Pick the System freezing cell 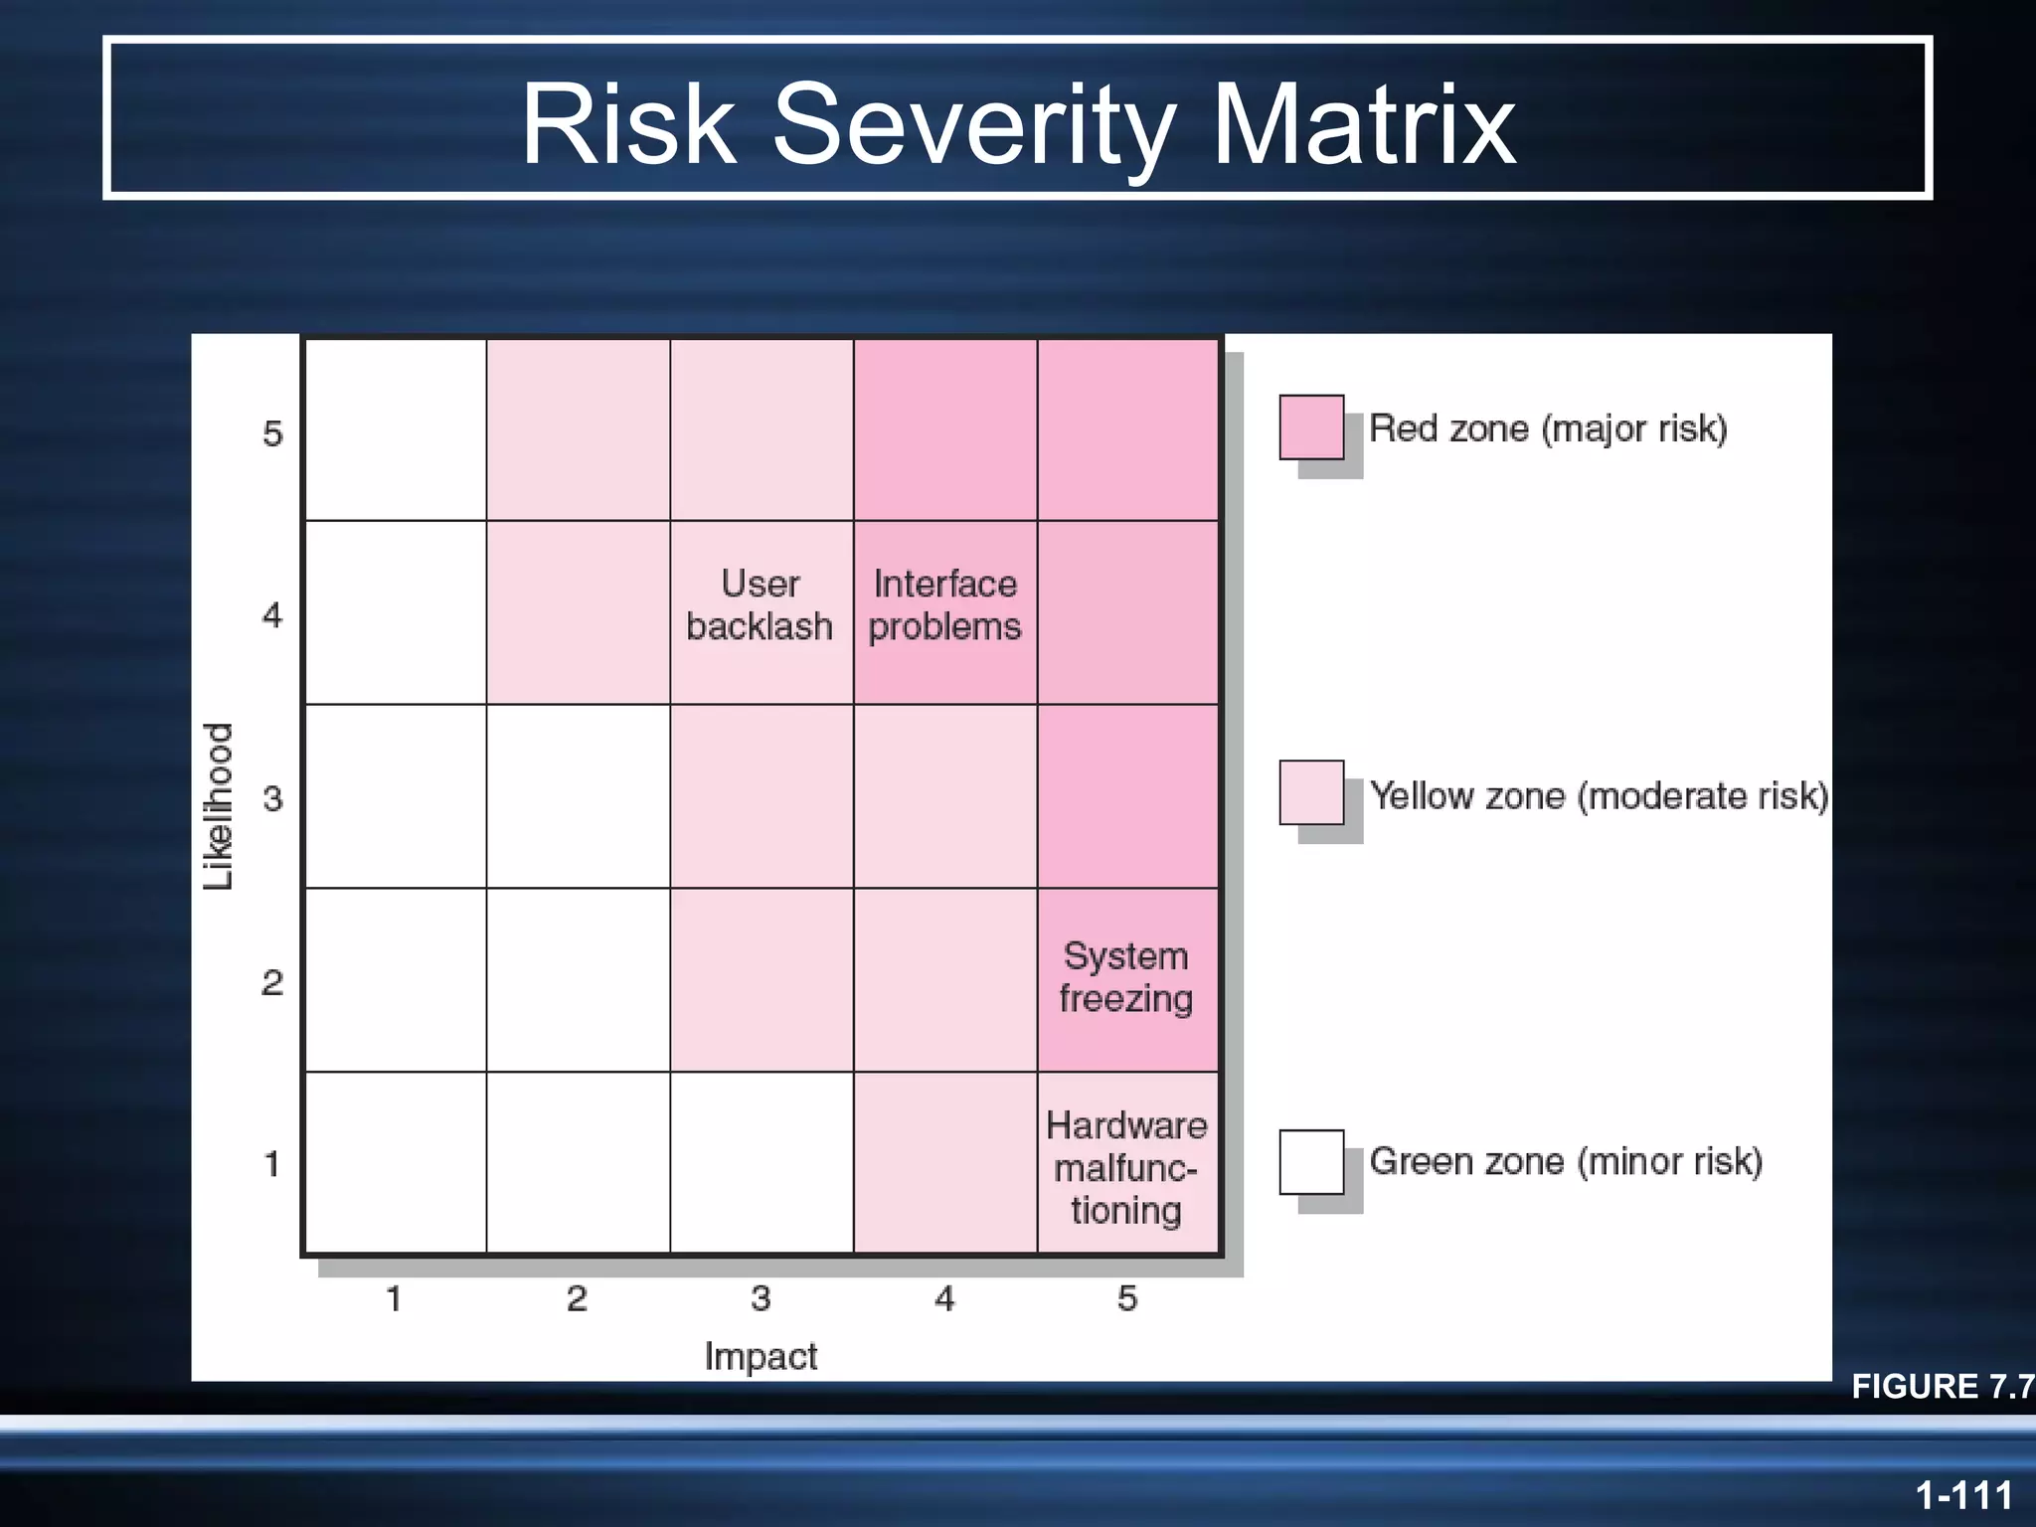point(1126,978)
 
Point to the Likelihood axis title point(219,805)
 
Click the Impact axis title point(761,1356)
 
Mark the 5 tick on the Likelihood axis point(272,433)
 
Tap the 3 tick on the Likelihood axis point(272,798)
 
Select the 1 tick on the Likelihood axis point(272,1163)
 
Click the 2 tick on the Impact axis point(577,1298)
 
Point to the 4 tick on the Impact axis point(944,1298)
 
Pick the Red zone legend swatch point(1311,427)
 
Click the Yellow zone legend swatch point(1311,792)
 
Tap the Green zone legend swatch point(1311,1161)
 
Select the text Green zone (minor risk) point(1566,1161)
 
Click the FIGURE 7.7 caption point(1941,1386)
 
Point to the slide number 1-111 point(1963,1494)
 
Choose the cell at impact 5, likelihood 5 point(1127,429)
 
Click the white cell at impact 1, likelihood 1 point(395,1163)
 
